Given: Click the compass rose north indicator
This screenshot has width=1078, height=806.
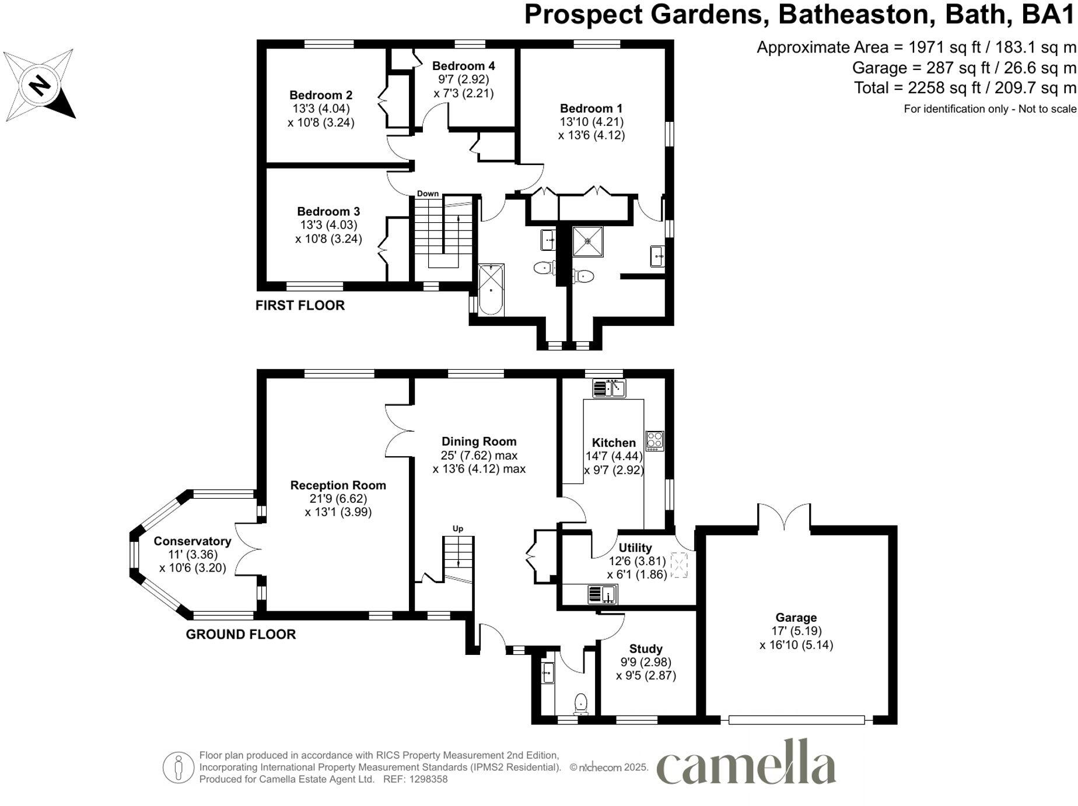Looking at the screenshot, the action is coord(39,85).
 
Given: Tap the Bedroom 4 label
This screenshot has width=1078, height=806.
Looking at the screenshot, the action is coord(463,66).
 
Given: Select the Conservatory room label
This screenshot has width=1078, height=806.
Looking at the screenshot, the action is coord(192,541).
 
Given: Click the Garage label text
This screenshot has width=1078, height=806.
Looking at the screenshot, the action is coord(796,618).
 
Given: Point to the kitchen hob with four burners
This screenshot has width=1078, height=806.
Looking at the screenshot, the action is coord(654,440).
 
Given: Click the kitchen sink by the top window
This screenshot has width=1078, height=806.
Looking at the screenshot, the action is coord(608,388).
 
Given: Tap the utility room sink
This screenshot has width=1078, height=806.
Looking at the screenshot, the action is coord(602,594).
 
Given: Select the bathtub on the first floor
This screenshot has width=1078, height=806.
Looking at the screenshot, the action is coord(491,290).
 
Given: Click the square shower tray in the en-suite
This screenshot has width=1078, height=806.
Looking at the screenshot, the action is coord(587,241).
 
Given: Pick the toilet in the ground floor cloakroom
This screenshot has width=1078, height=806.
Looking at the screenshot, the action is coord(580,704).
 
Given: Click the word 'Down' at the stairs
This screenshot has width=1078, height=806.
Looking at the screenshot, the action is coord(428,194).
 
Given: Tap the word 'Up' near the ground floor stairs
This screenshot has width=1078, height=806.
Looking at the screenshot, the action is coord(458,529).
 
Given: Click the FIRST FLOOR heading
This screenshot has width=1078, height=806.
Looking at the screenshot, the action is coord(300,306).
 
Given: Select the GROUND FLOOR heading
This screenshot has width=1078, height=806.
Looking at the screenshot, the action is coord(241,635).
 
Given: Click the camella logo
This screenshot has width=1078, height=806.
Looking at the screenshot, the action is coord(746,763).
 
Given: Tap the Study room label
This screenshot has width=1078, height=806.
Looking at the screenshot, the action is coord(646,649).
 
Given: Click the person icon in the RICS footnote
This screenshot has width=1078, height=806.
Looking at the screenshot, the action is coord(178,767).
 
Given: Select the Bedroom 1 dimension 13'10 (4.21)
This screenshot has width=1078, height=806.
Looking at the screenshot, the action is coord(591,122).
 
